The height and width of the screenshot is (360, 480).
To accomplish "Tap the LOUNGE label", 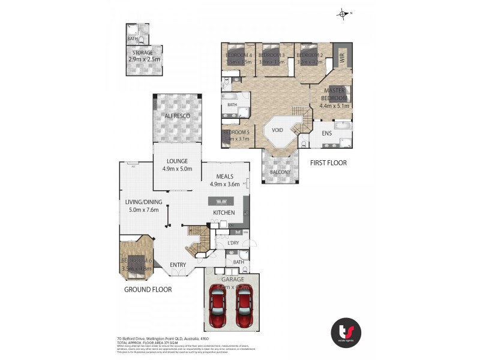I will pyautogui.click(x=178, y=161).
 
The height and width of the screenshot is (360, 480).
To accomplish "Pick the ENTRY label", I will pyautogui.click(x=178, y=265).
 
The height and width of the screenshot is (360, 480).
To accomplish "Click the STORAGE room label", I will pyautogui.click(x=143, y=53).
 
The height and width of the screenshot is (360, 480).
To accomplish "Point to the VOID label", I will pyautogui.click(x=277, y=129).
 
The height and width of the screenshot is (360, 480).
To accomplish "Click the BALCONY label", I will pyautogui.click(x=280, y=172).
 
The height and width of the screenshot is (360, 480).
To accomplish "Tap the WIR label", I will pyautogui.click(x=343, y=58).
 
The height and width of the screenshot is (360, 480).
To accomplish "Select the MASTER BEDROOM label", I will pyautogui.click(x=334, y=94).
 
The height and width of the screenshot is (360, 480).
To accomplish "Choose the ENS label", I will pyautogui.click(x=327, y=133).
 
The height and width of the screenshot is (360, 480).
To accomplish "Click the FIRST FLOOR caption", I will pyautogui.click(x=329, y=163).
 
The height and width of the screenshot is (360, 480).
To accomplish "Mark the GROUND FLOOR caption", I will pyautogui.click(x=148, y=289).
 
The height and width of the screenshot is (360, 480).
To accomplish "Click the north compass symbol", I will pyautogui.click(x=344, y=13).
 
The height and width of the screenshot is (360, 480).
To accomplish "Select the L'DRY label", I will pyautogui.click(x=234, y=242).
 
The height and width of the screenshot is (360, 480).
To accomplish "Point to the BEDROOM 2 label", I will pyautogui.click(x=310, y=56).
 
